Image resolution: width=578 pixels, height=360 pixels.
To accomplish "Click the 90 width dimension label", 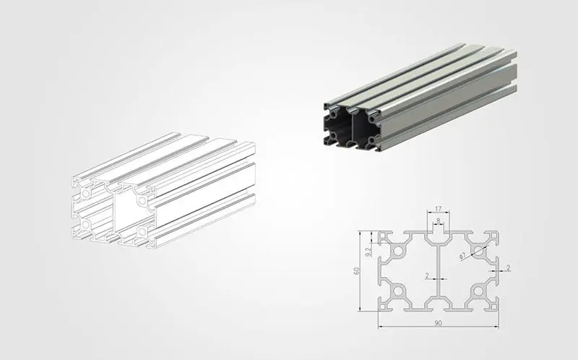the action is click(438, 323).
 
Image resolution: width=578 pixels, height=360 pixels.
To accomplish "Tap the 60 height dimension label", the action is click(356, 271).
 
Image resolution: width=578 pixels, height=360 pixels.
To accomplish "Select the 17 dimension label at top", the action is click(438, 209).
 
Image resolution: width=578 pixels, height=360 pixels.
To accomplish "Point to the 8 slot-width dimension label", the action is click(438, 220).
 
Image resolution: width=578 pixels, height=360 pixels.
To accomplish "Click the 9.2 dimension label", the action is click(368, 252).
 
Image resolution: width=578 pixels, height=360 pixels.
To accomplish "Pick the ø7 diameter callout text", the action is click(463, 256).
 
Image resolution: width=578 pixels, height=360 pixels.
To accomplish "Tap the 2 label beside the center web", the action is click(427, 275).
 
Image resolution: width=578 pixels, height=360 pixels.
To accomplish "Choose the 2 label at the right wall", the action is click(509, 268).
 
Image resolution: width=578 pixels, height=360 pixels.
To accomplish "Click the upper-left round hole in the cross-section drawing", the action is click(398, 252).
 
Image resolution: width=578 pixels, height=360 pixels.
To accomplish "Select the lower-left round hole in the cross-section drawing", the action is click(398, 291).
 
